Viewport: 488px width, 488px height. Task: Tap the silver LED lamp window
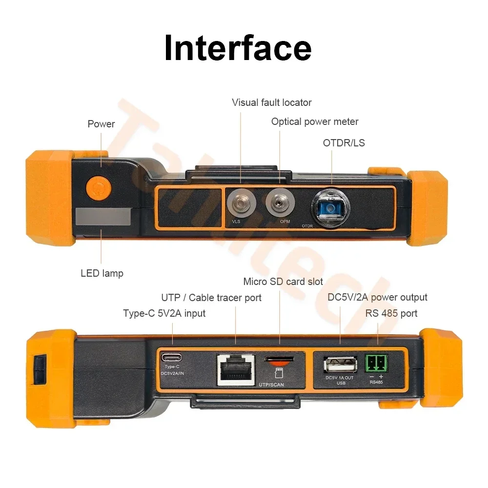pyautogui.click(x=103, y=217)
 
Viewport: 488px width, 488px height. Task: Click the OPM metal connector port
pyautogui.click(x=279, y=200)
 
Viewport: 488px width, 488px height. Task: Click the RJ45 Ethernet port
pyautogui.click(x=236, y=369)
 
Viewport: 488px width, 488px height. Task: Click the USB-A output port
pyautogui.click(x=340, y=365)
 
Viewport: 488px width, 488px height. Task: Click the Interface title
pyautogui.click(x=238, y=48)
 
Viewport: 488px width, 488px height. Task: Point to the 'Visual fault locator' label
pyautogui.click(x=271, y=102)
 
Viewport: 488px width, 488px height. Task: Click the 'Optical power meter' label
pyautogui.click(x=315, y=122)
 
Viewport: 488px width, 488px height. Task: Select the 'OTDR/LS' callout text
pyautogui.click(x=344, y=143)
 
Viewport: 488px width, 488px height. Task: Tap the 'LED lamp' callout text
pyautogui.click(x=102, y=273)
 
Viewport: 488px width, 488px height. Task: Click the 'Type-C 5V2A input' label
pyautogui.click(x=164, y=313)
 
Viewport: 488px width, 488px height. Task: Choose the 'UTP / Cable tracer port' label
pyautogui.click(x=211, y=298)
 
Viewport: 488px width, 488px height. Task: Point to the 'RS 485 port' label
pyautogui.click(x=391, y=313)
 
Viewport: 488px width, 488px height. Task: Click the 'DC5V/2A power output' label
pyautogui.click(x=377, y=297)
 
